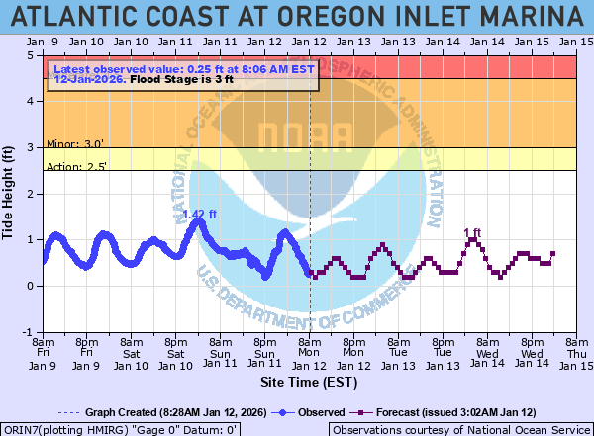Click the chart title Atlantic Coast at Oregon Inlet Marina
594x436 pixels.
coord(297,16)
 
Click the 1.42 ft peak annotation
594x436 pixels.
coord(199,214)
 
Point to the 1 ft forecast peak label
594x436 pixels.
coord(472,233)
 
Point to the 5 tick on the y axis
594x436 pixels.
coord(33,55)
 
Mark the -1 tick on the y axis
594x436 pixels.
coord(31,332)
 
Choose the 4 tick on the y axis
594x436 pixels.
coord(33,102)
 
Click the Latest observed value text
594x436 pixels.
coord(183,70)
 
